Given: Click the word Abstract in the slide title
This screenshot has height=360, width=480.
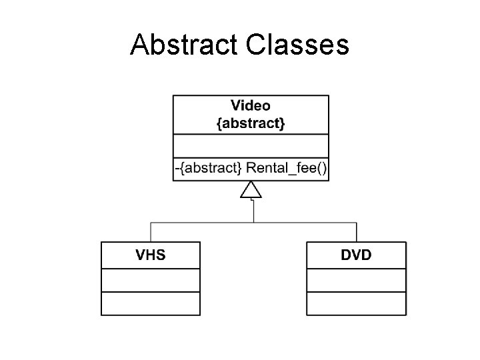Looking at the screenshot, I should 185,45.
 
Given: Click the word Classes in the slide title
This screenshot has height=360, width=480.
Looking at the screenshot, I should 297,45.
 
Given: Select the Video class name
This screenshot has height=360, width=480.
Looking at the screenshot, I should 251,105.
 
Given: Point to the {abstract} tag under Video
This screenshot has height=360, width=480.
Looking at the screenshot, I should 251,124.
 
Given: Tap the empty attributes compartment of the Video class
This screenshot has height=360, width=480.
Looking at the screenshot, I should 251,145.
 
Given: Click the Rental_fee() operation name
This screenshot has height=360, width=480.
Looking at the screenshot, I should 287,168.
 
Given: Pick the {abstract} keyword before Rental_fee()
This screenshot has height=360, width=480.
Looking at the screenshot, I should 211,168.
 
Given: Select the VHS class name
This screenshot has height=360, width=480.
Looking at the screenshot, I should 151,255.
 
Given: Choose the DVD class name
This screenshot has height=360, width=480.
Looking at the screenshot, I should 356,255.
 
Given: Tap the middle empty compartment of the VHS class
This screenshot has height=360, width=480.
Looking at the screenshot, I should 151,280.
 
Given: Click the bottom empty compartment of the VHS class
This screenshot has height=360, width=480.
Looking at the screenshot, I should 151,303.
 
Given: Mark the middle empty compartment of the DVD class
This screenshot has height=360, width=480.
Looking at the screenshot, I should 356,280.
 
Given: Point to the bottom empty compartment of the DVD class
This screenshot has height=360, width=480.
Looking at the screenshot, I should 356,303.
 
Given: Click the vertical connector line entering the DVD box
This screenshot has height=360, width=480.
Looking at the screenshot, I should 357,232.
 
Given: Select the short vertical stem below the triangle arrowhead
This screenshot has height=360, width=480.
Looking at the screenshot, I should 252,210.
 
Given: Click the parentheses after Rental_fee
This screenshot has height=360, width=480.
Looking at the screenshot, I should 321,168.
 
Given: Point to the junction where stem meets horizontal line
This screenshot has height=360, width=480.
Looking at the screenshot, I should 252,222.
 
